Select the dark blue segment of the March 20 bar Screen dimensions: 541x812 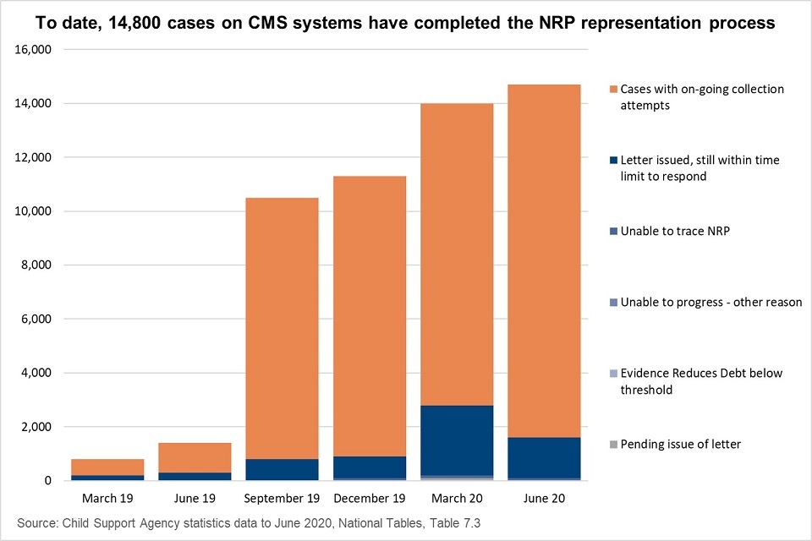click(458, 440)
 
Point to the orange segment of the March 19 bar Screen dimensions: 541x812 click(107, 466)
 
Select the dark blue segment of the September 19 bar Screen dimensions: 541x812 click(282, 469)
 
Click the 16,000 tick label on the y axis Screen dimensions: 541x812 click(34, 50)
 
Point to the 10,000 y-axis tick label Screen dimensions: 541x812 click(34, 211)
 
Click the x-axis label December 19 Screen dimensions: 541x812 click(370, 498)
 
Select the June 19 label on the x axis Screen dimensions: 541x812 click(195, 498)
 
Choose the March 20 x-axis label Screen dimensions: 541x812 click(458, 498)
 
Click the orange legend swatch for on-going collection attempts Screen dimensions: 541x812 click(612, 89)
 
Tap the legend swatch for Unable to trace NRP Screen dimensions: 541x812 click(612, 231)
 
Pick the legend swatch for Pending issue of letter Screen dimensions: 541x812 click(612, 444)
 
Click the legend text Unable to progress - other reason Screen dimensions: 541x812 click(710, 302)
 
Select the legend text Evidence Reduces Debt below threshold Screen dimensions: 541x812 click(702, 380)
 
